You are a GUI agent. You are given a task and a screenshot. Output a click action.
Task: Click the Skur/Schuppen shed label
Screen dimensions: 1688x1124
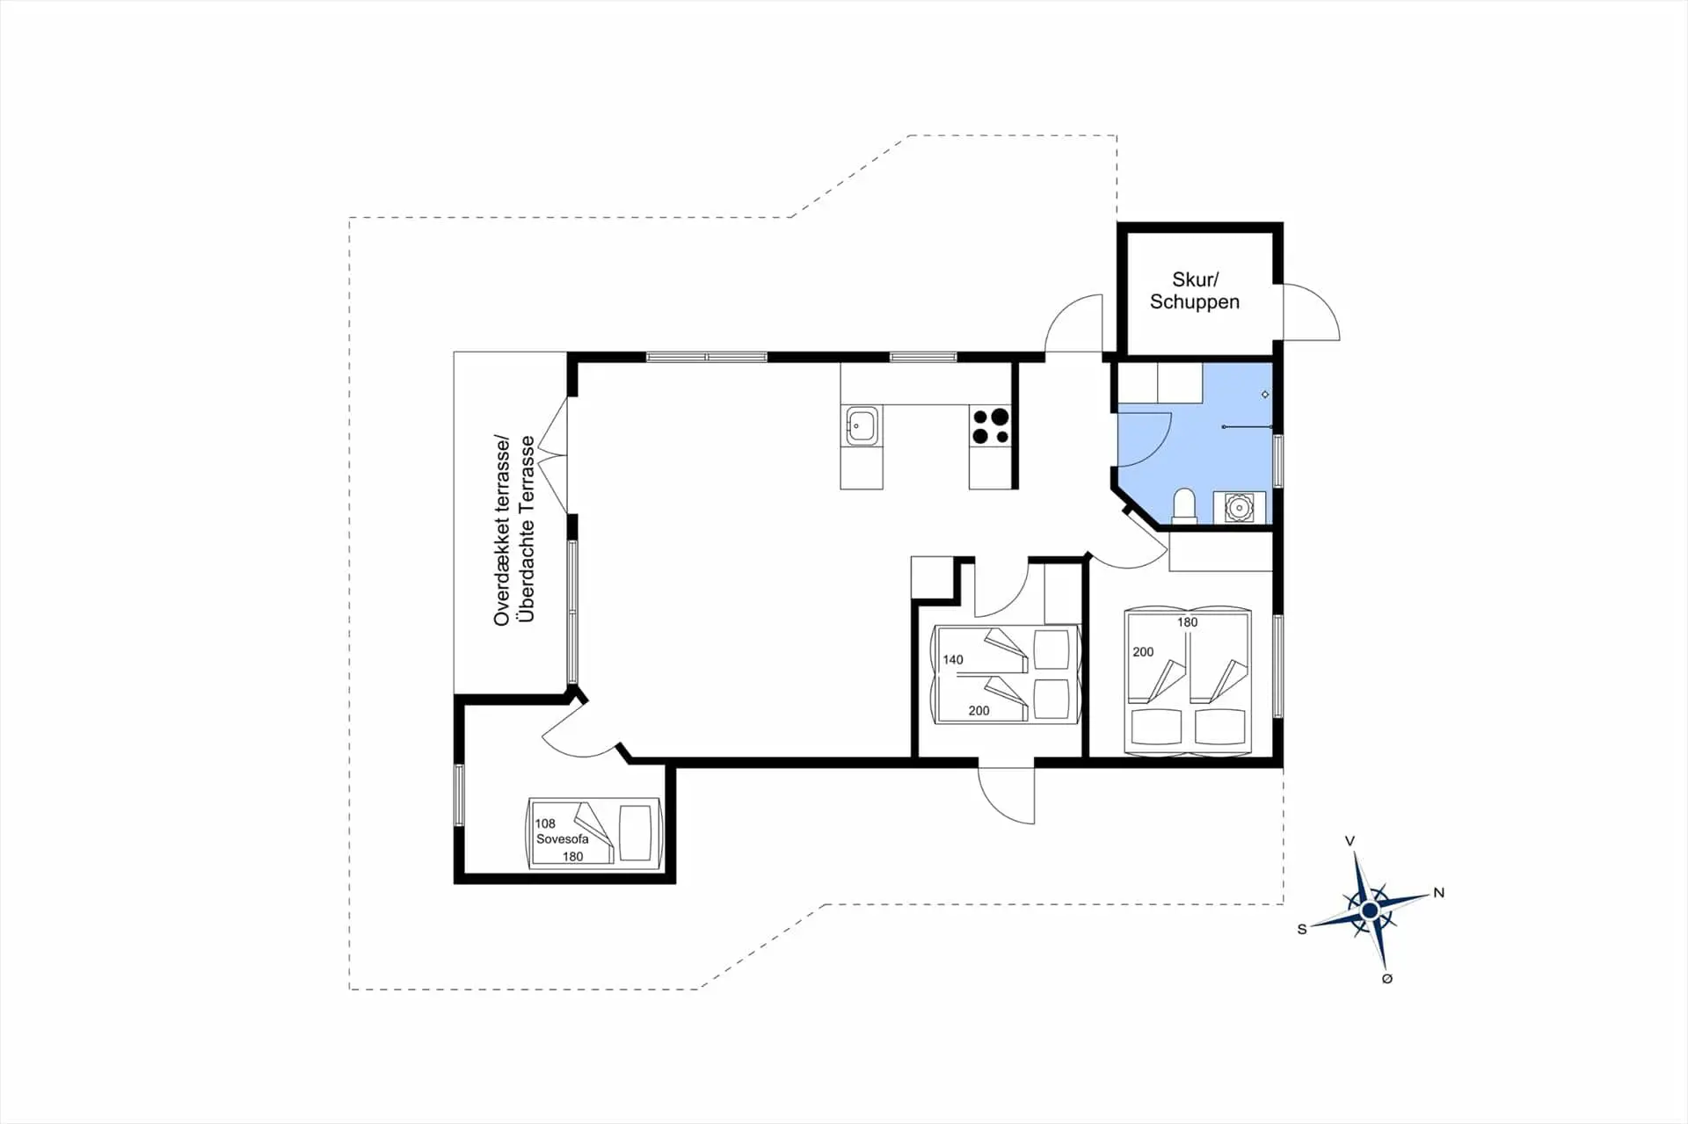coord(1195,291)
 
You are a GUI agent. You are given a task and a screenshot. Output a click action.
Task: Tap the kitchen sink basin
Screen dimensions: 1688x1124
coord(862,426)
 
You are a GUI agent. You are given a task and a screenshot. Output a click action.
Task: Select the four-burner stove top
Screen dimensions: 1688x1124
coord(991,426)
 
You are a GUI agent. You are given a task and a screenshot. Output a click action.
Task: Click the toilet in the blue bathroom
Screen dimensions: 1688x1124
coord(1184,507)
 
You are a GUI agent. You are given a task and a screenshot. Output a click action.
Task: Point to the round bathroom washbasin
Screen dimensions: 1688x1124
coord(1239,508)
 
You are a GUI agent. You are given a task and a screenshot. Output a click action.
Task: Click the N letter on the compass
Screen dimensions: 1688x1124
coord(1439,893)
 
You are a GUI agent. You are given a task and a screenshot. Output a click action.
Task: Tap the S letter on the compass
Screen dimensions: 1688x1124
coord(1302,929)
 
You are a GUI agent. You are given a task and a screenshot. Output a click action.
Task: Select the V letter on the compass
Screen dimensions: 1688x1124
coord(1350,841)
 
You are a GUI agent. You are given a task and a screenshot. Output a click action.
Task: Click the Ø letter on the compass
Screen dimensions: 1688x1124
coord(1387,979)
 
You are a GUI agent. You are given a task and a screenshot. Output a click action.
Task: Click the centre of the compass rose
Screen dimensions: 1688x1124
coord(1369,910)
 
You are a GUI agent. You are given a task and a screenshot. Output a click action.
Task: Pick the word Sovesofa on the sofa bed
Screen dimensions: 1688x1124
coord(563,838)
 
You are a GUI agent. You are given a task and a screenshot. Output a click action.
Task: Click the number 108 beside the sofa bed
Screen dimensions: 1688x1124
coord(545,823)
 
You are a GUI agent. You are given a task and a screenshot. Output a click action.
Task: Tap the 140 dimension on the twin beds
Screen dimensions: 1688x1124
coord(953,659)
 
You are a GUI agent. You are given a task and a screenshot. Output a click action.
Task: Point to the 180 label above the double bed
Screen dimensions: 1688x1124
coord(1188,622)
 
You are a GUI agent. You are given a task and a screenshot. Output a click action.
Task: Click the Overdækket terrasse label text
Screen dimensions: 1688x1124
coord(502,530)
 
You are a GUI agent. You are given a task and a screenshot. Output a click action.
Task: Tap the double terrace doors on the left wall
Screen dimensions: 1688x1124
coord(554,454)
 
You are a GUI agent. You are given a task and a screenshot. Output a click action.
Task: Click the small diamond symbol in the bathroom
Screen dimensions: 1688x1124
coord(1265,395)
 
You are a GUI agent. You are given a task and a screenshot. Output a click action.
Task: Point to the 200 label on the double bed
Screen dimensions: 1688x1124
coord(1143,652)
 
